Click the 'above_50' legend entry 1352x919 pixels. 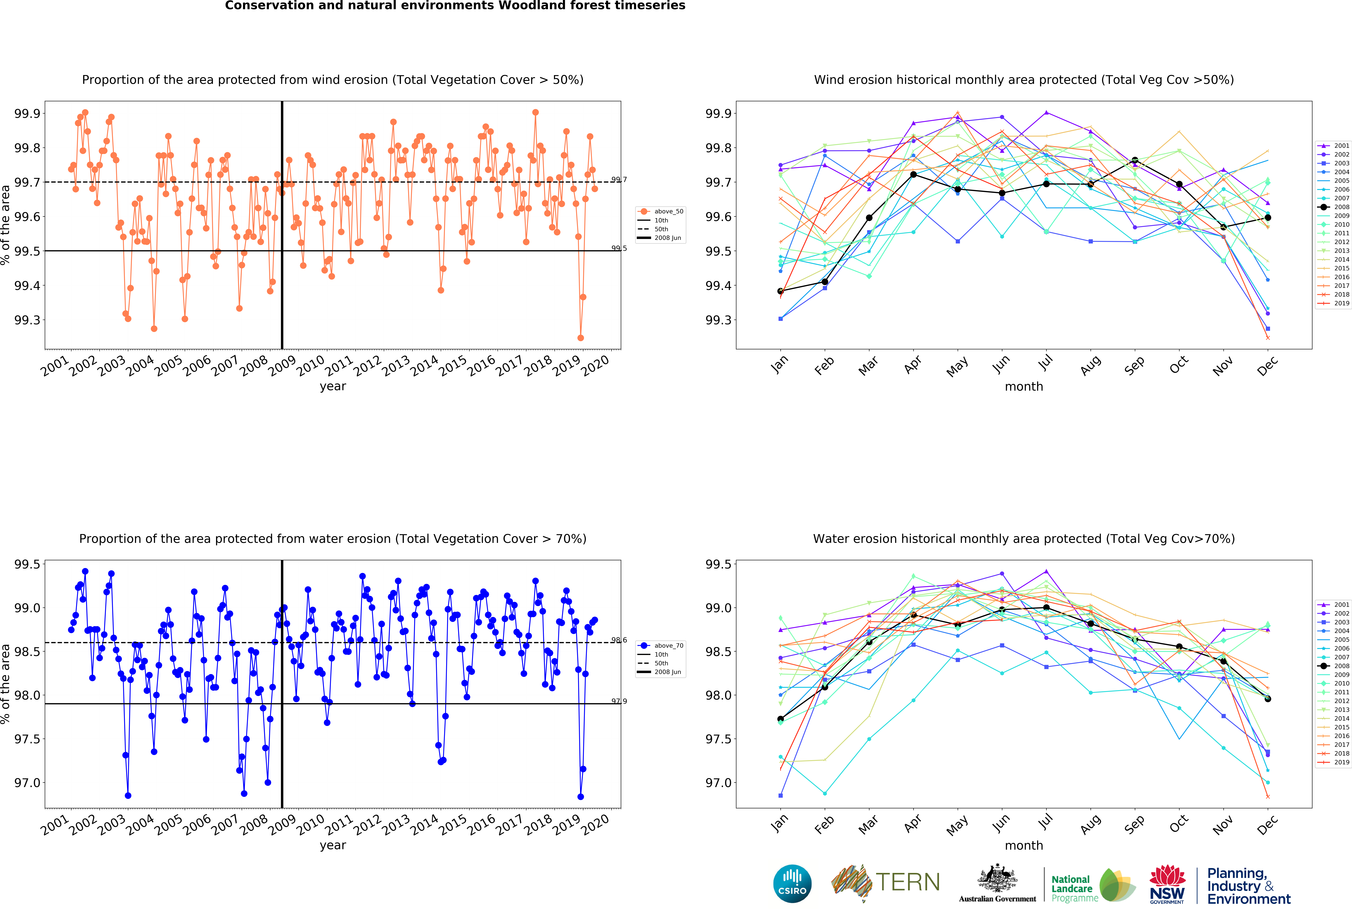pos(668,211)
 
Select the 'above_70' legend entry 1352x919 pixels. pos(668,645)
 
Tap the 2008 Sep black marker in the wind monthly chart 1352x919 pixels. pos(1134,161)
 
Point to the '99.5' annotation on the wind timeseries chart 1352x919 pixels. pos(619,248)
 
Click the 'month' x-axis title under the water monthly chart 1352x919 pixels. pos(1024,846)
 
